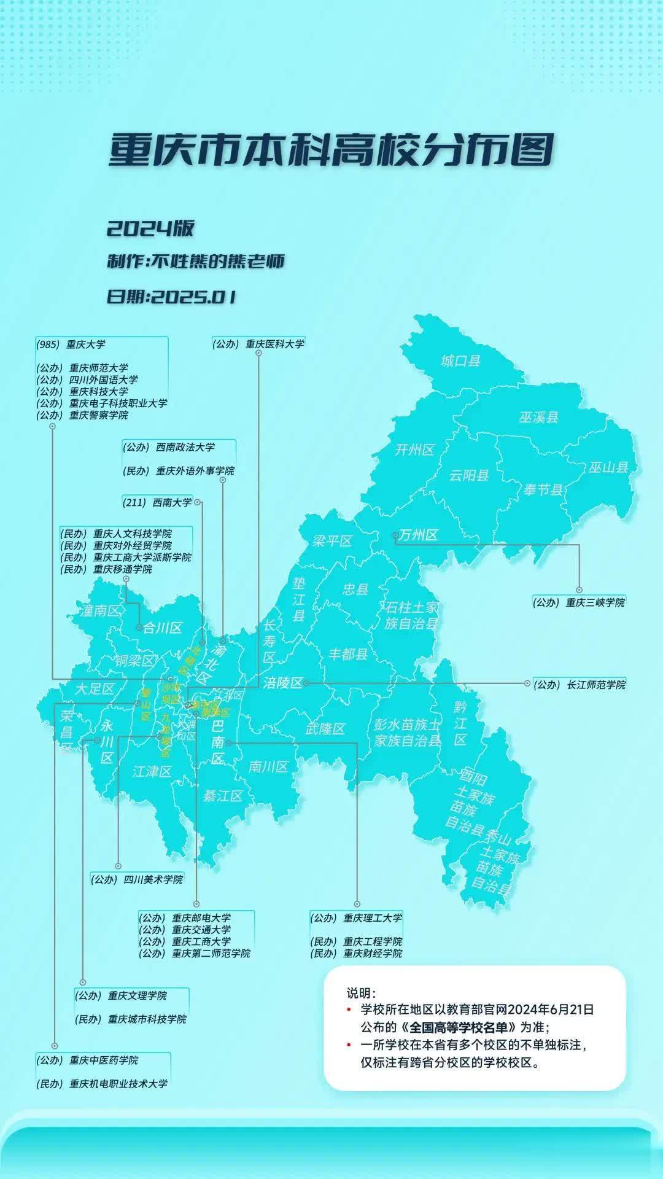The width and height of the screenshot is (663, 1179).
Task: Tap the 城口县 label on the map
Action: point(460,360)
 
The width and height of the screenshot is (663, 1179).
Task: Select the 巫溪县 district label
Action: point(539,418)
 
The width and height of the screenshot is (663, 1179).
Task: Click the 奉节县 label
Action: point(543,489)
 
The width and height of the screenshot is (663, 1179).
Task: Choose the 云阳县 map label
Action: point(469,475)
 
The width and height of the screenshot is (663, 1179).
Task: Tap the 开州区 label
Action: point(414,450)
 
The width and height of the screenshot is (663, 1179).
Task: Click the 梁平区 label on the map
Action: point(332,541)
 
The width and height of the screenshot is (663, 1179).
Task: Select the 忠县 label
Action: point(355,589)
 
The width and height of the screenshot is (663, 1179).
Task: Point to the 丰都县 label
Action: point(348,654)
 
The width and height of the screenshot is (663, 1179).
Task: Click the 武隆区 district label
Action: point(325,729)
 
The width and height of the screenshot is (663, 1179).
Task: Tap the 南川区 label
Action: point(268,766)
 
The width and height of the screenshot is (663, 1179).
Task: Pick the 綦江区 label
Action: point(223,796)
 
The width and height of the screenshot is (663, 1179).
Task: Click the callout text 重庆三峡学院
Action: point(594,603)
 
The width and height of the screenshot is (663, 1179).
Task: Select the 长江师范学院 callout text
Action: point(596,684)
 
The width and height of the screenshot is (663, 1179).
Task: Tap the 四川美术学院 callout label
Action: point(153,879)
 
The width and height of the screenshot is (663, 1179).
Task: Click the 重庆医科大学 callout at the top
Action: point(274,344)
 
